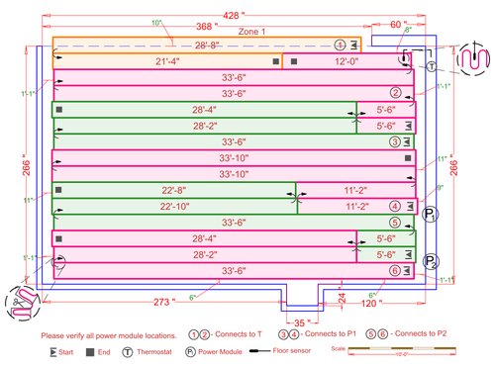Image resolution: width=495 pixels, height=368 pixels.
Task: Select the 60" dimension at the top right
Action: (x=397, y=24)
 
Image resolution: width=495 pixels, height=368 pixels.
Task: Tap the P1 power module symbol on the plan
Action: (x=430, y=214)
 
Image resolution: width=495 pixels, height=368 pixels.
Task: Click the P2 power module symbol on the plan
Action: (x=431, y=261)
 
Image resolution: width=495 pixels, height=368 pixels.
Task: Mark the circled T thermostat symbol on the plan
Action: (x=432, y=67)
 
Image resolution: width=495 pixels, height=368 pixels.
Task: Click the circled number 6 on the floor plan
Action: (x=395, y=270)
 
